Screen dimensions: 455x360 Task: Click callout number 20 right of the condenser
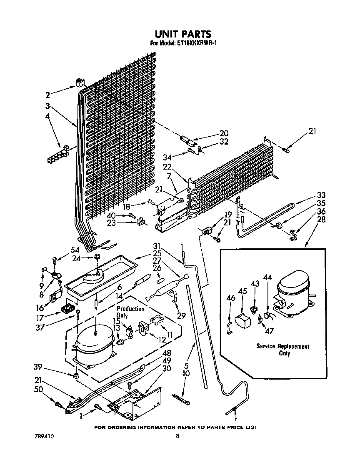point(224,133)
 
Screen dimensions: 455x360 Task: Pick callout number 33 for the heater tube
point(321,195)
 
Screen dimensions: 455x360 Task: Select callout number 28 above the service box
point(321,220)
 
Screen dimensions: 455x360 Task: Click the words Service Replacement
point(282,346)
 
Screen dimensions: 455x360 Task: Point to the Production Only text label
point(130,312)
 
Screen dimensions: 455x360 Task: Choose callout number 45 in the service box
point(242,291)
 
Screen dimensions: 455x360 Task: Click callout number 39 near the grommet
point(38,366)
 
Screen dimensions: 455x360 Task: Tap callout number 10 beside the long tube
point(186,373)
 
